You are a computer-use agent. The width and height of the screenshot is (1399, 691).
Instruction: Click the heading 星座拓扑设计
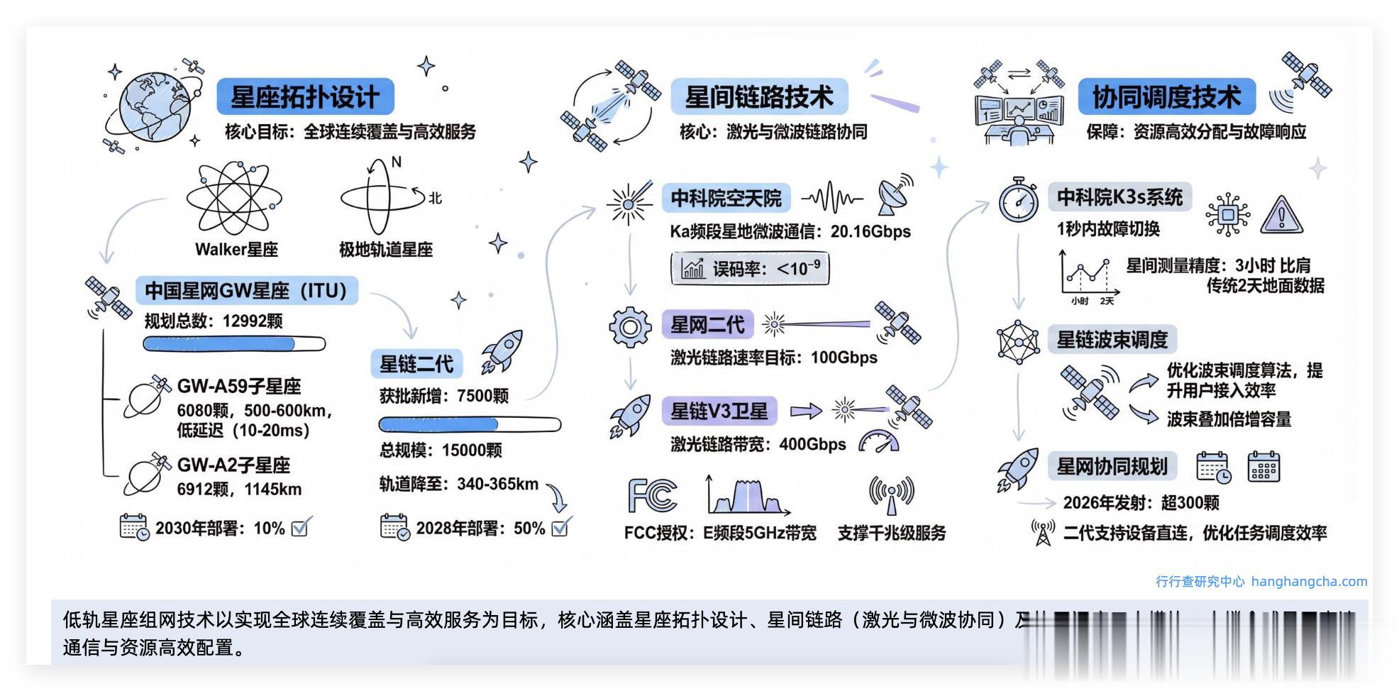pyautogui.click(x=305, y=97)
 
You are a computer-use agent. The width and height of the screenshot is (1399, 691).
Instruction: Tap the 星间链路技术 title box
pyautogui.click(x=759, y=97)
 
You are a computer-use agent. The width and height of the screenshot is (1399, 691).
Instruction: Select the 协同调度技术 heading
pyautogui.click(x=1166, y=97)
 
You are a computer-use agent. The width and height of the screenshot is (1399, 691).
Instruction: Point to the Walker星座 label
pyautogui.click(x=236, y=250)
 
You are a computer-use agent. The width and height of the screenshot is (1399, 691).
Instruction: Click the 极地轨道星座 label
pyautogui.click(x=385, y=250)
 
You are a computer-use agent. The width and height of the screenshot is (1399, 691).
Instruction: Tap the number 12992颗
pyautogui.click(x=253, y=321)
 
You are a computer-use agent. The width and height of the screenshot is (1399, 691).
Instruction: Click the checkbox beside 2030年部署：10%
pyautogui.click(x=300, y=527)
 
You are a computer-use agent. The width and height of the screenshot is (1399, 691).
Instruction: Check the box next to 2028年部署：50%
pyautogui.click(x=560, y=527)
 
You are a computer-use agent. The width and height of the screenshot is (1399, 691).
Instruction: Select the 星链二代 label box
pyautogui.click(x=416, y=364)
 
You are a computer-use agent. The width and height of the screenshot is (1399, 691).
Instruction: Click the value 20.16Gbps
pyautogui.click(x=870, y=232)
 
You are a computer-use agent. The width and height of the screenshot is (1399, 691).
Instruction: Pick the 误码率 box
pyautogui.click(x=750, y=269)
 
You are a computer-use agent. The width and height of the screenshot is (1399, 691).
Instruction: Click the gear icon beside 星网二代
pyautogui.click(x=630, y=327)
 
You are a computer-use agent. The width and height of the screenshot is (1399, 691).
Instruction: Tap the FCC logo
pyautogui.click(x=653, y=495)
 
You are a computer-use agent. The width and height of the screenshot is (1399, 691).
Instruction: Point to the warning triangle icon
pyautogui.click(x=1281, y=215)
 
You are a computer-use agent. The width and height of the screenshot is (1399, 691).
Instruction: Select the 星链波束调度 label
pyautogui.click(x=1112, y=340)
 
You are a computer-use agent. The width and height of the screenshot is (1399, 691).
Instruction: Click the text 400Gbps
pyautogui.click(x=812, y=445)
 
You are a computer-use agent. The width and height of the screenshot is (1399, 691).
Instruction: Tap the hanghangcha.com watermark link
pyautogui.click(x=1309, y=582)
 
